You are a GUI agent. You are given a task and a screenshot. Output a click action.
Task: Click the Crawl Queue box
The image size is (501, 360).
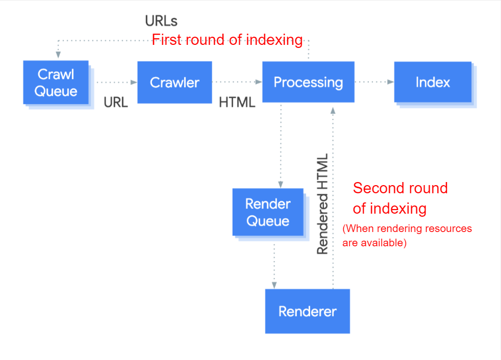tap(56, 83)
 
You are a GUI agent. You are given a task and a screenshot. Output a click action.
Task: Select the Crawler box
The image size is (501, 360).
tap(174, 83)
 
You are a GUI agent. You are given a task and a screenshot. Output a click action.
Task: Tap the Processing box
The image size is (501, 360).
tap(308, 82)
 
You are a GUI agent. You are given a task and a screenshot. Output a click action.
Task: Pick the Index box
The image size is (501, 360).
tap(433, 82)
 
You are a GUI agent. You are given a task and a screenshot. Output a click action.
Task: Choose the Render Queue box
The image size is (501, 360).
tap(267, 212)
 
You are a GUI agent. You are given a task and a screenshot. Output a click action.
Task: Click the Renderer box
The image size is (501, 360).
tap(307, 311)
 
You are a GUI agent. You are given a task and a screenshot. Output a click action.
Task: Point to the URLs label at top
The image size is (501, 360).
tap(161, 21)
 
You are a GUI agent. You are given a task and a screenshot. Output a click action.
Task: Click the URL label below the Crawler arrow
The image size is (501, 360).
tap(116, 102)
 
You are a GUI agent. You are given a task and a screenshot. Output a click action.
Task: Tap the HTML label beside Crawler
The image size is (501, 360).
tap(237, 102)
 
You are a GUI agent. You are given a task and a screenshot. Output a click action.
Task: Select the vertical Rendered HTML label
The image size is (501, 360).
tap(322, 204)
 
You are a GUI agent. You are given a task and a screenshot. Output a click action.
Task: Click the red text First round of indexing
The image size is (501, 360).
tap(228, 40)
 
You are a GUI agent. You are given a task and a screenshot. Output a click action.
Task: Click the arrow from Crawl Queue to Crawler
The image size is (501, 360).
tap(117, 82)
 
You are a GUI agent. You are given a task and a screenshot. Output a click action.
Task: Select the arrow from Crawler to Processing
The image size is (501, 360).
tap(237, 82)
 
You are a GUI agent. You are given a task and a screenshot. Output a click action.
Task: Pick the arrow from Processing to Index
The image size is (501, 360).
tap(374, 82)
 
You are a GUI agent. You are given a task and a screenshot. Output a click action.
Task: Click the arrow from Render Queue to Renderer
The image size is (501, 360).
tap(274, 265)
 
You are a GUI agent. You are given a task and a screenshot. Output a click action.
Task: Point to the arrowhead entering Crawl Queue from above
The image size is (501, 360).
tap(58, 54)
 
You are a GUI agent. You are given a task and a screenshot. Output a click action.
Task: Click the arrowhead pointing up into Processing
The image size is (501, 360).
tap(333, 110)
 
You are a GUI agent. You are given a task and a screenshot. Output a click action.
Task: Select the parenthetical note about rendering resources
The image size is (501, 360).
tap(407, 236)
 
